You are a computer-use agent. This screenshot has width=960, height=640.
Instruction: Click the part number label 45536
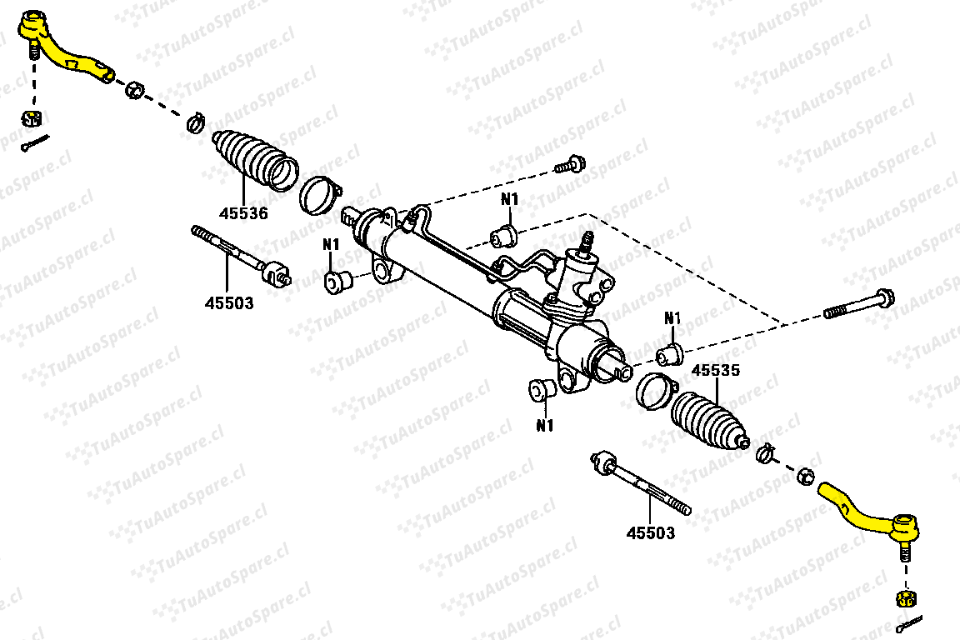click(x=243, y=213)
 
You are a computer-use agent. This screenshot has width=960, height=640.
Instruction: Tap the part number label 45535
click(x=716, y=370)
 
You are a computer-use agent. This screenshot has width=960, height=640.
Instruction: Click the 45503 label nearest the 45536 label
click(x=229, y=302)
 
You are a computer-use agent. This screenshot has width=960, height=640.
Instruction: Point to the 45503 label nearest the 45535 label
click(x=651, y=532)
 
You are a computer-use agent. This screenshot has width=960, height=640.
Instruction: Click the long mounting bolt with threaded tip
click(x=859, y=304)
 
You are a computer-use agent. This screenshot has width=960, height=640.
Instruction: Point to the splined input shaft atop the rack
click(x=587, y=242)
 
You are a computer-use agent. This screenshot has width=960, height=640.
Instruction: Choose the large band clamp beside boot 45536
click(x=320, y=195)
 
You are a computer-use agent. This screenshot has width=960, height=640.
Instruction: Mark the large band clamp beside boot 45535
click(x=657, y=392)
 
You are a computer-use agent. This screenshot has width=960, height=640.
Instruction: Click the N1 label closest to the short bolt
click(x=509, y=199)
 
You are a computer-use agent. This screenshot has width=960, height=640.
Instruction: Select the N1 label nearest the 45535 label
click(x=672, y=317)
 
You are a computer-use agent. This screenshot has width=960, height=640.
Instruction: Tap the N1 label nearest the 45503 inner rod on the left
click(x=331, y=244)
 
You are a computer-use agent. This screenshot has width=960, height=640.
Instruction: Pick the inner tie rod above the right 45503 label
click(x=641, y=484)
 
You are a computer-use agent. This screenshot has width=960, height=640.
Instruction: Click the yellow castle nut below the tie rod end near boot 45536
click(x=31, y=117)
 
